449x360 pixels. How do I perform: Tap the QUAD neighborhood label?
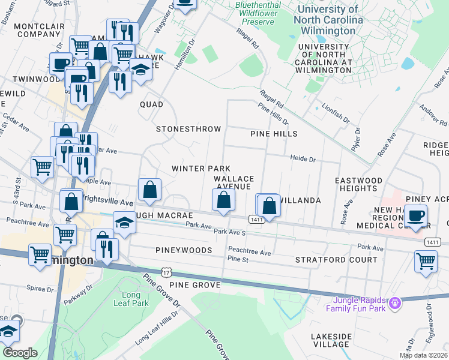point(151,104)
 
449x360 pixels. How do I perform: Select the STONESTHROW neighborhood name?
point(188,129)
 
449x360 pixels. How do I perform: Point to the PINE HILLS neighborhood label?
point(274,134)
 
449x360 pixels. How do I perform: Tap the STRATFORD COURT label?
point(336,260)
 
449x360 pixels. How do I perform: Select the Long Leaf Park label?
point(127,299)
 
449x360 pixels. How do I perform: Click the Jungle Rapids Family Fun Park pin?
point(394,304)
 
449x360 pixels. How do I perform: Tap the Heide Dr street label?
point(303,160)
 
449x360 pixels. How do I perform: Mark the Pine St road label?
point(238,259)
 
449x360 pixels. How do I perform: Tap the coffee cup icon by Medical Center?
point(415,214)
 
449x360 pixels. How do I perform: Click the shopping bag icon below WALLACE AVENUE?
point(223,200)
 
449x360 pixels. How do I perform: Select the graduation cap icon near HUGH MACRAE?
point(125,222)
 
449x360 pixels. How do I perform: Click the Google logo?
point(20,353)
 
